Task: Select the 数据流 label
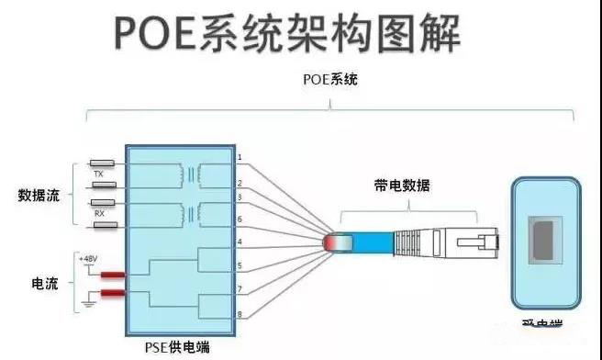coord(38,195)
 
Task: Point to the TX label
coord(98,172)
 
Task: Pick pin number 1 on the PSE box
coord(239,158)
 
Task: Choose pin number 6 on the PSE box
coord(239,219)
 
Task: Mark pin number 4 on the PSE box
coord(239,242)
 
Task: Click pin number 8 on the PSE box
coord(239,316)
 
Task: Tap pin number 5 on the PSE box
coord(239,266)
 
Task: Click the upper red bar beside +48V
coord(114,275)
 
